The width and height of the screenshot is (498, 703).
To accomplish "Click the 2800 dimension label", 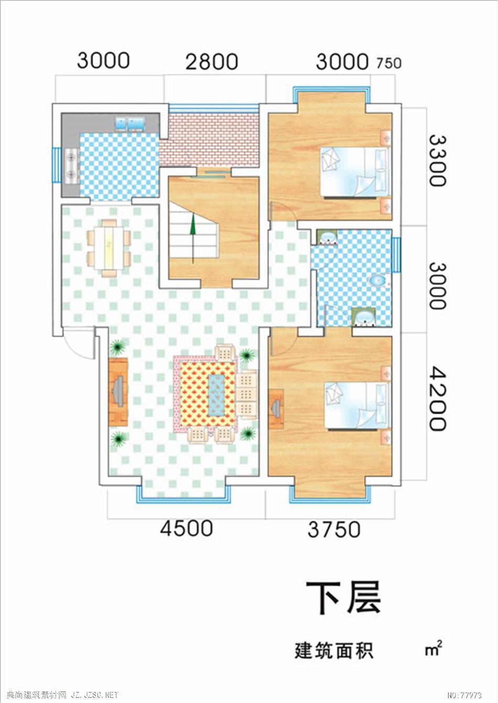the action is (x=212, y=62).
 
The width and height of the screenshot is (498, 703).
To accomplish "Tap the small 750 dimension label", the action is (x=389, y=63).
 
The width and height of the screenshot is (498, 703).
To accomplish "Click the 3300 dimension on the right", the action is (x=437, y=161).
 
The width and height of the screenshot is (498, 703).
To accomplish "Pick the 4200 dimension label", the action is (x=437, y=398).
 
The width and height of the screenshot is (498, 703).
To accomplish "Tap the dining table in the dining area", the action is (x=109, y=248).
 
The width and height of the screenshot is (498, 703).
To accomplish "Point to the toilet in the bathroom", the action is (x=379, y=280).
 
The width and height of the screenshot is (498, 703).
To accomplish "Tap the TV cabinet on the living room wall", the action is (x=118, y=392).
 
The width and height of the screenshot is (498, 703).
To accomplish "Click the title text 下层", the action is (x=343, y=597).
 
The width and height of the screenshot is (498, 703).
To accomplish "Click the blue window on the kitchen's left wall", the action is (x=56, y=166).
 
